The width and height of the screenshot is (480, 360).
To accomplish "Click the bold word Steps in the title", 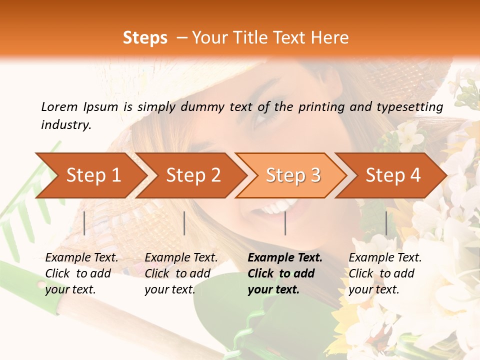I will coord(145,38).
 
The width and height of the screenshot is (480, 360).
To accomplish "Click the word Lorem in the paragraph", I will coord(59,106).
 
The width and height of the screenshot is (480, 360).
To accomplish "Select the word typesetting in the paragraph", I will coord(413,106).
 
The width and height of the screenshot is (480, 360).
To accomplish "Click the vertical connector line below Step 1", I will coord(84,223).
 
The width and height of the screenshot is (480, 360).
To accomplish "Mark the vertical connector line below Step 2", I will coord(184,223).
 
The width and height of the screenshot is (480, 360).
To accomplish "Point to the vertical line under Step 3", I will coord(285,223).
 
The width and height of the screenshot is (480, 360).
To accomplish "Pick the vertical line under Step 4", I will coord(386,223).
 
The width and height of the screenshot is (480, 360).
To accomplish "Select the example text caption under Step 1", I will coord(81,273).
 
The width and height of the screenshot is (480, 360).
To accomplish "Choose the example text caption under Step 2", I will coord(181,273).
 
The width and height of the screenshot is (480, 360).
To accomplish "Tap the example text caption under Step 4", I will coord(385,273).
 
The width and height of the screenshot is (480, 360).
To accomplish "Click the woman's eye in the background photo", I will coord(265,117).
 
